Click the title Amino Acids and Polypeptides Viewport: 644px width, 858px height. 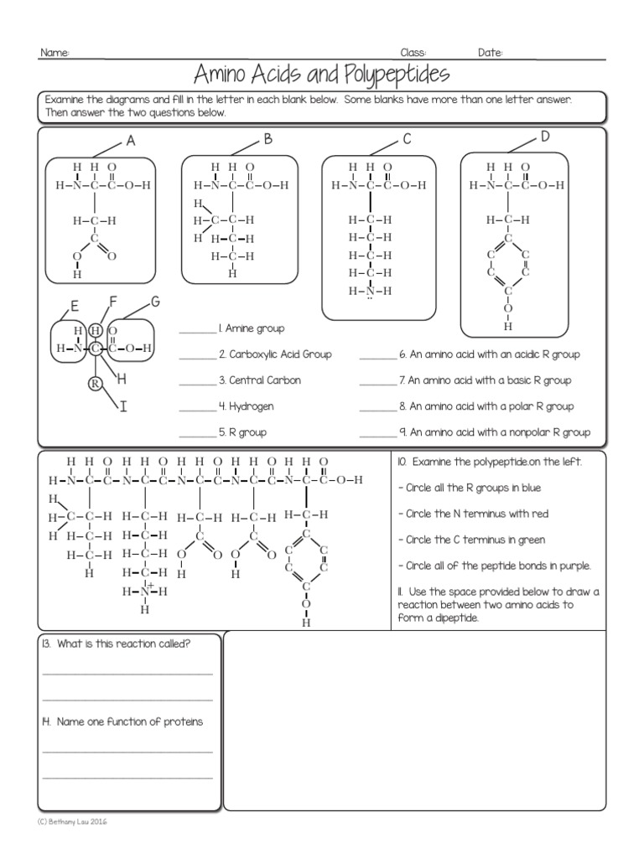(321, 75)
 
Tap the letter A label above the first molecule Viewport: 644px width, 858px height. (131, 142)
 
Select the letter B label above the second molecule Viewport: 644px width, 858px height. (269, 140)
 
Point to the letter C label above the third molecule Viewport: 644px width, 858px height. (407, 140)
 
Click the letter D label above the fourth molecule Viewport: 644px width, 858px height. (545, 137)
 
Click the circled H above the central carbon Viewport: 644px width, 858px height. (96, 330)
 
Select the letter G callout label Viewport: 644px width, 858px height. (154, 301)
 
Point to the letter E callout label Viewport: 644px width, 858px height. (75, 306)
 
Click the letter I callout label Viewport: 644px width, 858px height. (122, 408)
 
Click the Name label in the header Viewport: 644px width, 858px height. (55, 53)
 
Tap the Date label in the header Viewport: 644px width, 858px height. (491, 53)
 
